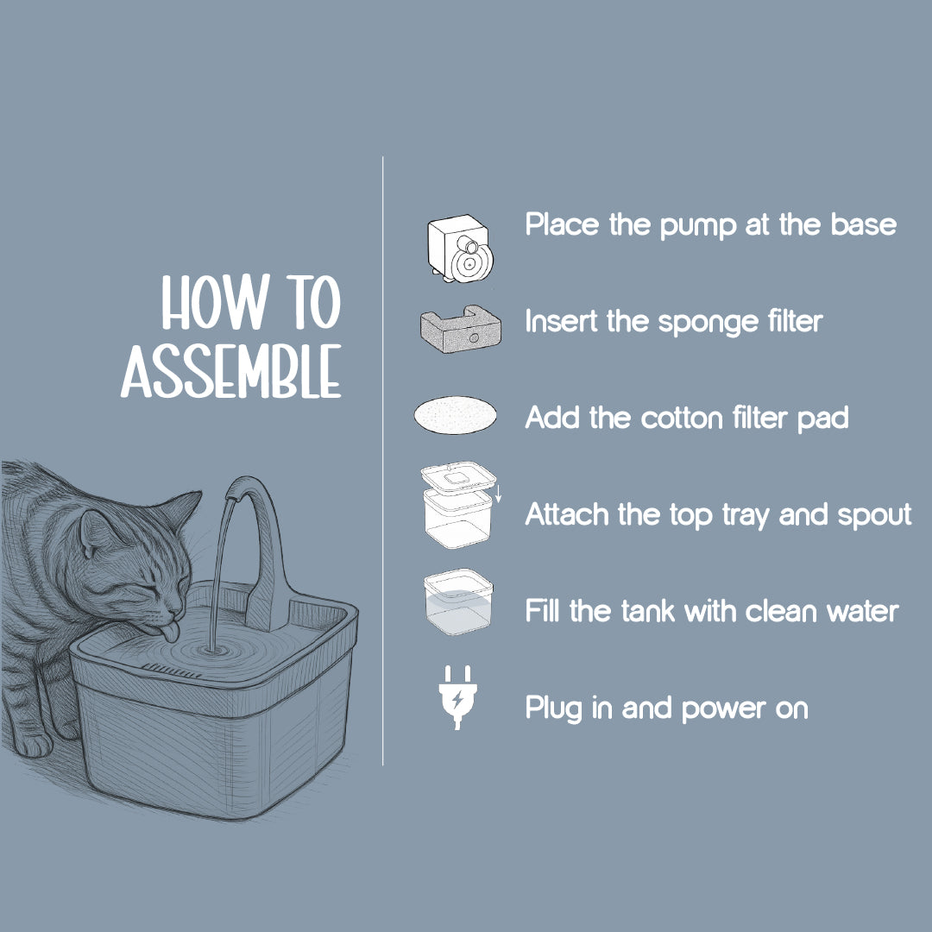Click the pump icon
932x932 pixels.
[x=460, y=249]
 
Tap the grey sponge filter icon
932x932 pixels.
[x=460, y=330]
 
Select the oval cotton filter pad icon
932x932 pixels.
[x=456, y=415]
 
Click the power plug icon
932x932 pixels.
[x=457, y=696]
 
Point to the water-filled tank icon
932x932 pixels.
[x=458, y=601]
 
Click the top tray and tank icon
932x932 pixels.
[x=459, y=505]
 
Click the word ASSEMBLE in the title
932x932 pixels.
[x=231, y=371]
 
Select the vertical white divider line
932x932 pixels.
[x=383, y=461]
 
